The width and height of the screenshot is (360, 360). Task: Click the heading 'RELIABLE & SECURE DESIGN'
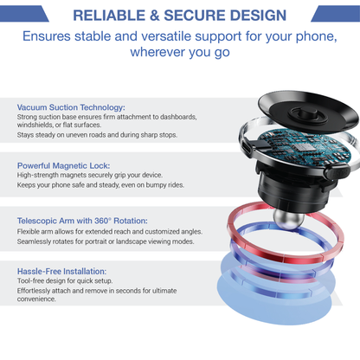tap(179, 15)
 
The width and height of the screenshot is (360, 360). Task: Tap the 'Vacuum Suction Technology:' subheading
tap(71, 106)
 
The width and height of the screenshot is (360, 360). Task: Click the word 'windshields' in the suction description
tap(38, 125)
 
